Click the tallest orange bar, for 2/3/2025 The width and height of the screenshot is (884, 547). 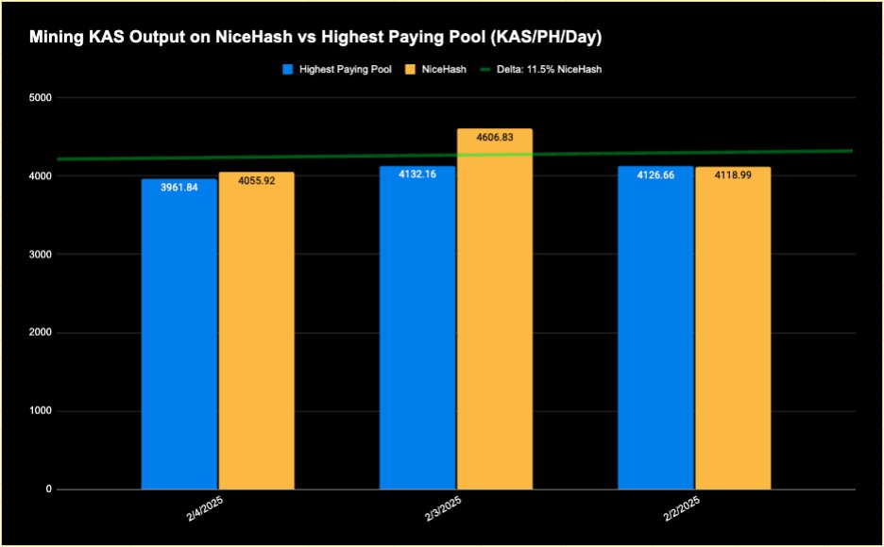(x=494, y=311)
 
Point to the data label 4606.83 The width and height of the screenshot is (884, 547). (x=495, y=138)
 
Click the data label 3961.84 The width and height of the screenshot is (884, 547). (x=179, y=187)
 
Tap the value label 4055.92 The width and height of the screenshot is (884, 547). (x=256, y=180)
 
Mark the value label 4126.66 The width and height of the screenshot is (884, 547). (x=655, y=174)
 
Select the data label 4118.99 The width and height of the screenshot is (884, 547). (x=733, y=174)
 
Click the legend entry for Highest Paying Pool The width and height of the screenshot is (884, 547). (x=337, y=70)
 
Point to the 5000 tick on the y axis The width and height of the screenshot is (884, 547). (x=40, y=98)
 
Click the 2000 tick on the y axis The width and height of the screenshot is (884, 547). (x=40, y=333)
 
